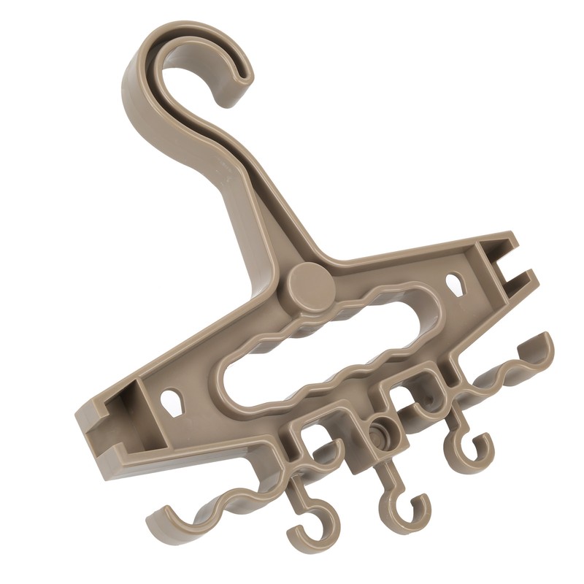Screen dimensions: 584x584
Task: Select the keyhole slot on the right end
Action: [456, 282]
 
